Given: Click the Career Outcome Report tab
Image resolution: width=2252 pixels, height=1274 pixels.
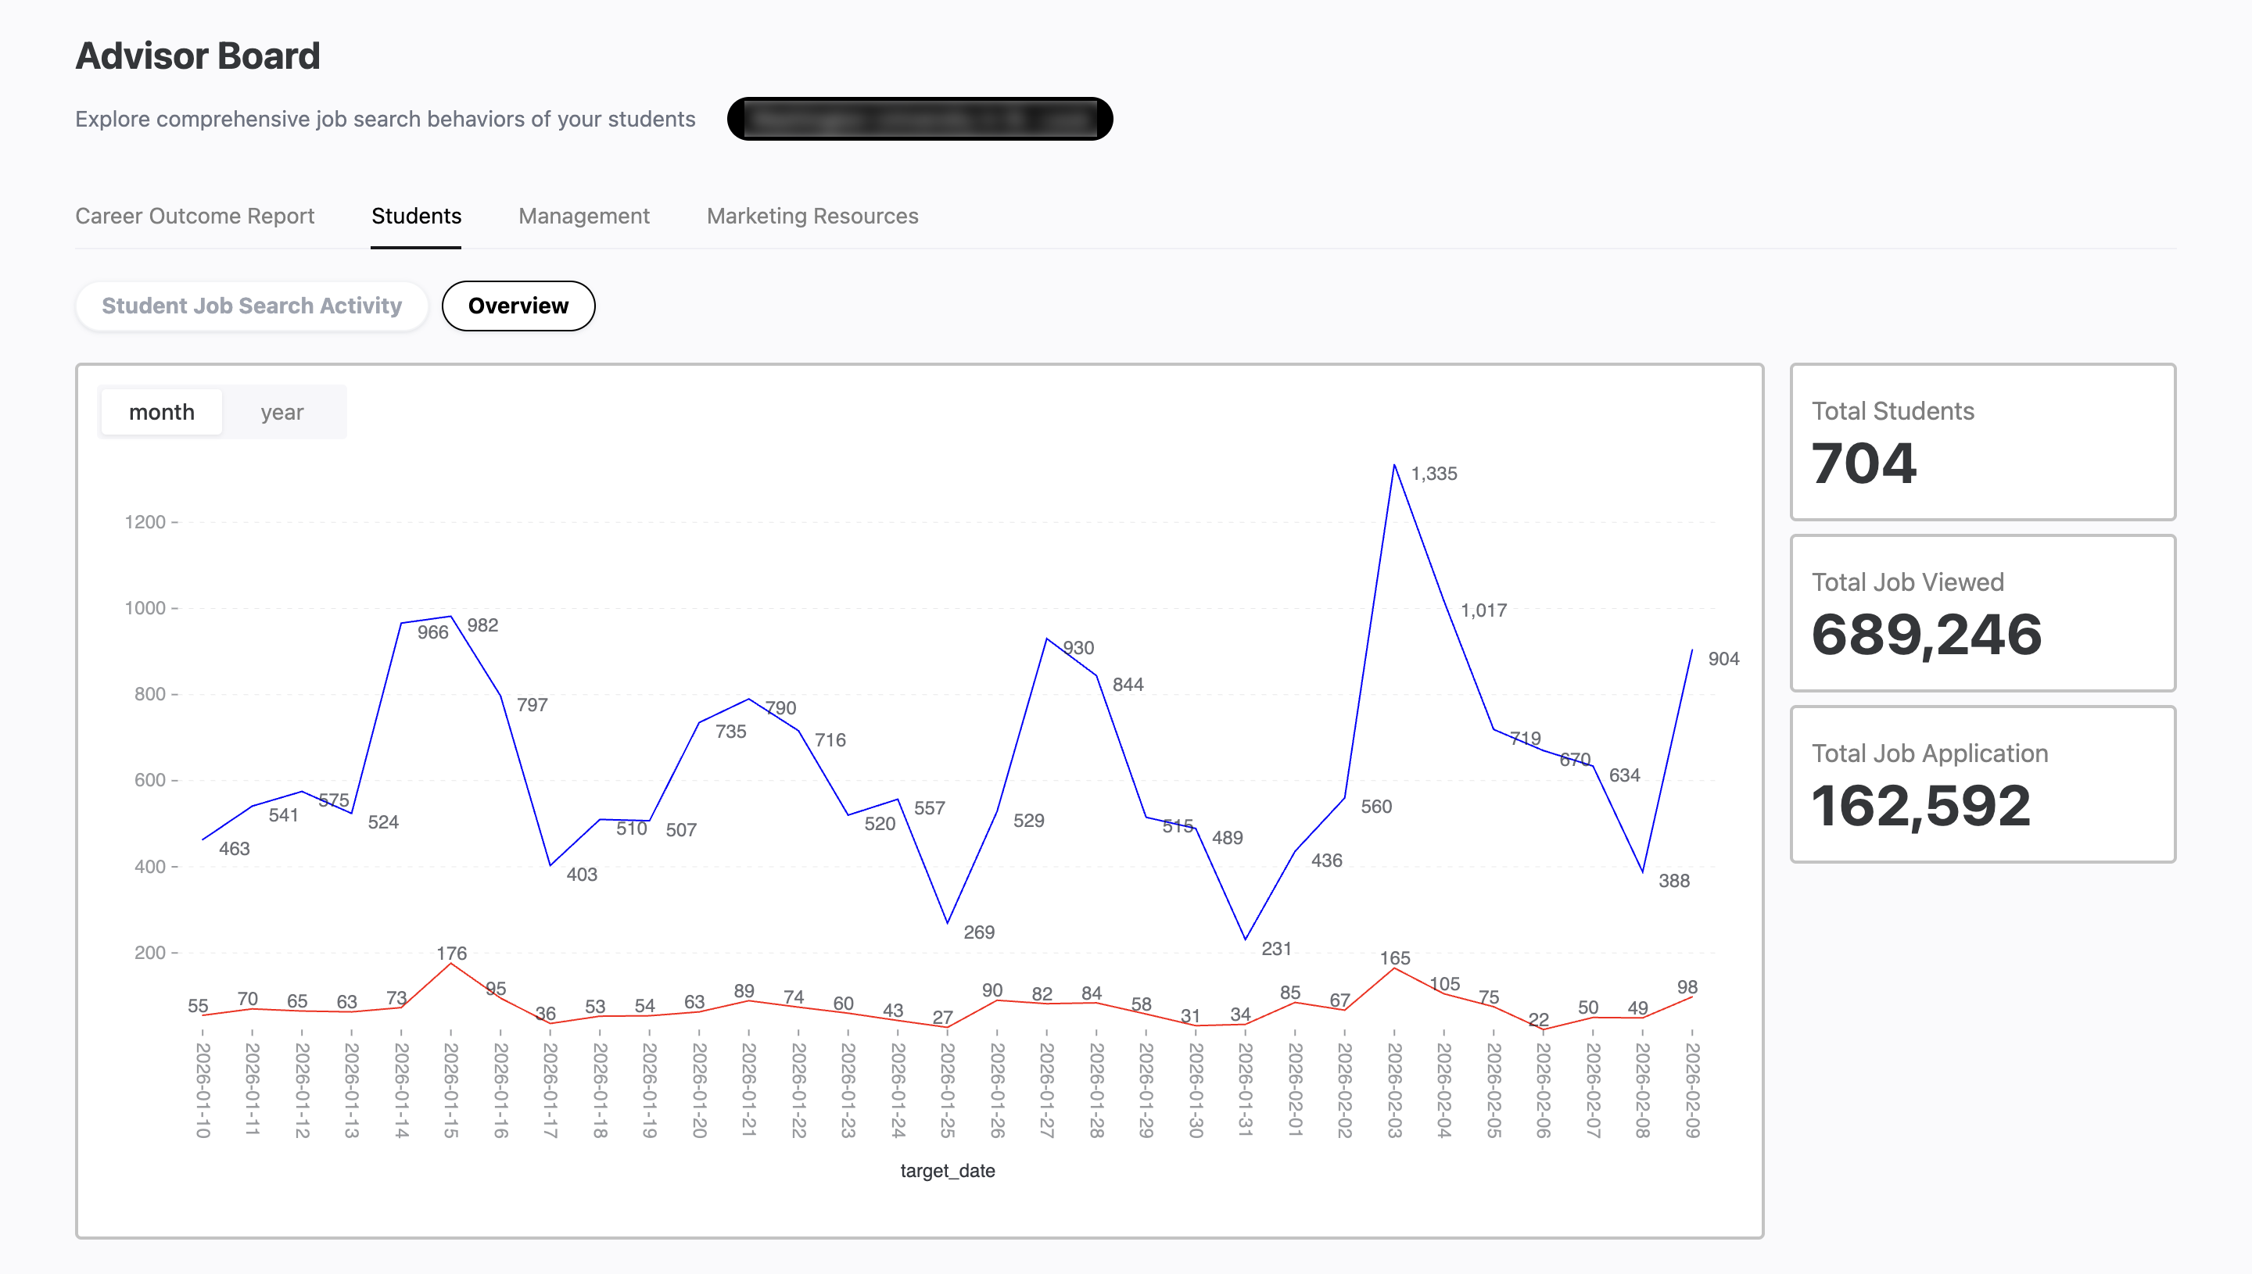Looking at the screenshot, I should (194, 217).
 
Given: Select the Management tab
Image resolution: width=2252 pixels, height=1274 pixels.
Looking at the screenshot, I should (584, 217).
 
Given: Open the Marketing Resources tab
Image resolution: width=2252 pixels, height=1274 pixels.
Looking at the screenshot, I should (812, 217).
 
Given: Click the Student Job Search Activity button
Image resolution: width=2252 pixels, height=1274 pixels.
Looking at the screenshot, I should (251, 306).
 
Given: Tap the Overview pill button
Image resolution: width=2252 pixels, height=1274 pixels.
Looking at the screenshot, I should (518, 306).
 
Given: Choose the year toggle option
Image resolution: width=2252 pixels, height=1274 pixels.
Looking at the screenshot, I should (281, 412).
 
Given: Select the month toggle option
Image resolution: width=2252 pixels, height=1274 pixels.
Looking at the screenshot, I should (162, 412).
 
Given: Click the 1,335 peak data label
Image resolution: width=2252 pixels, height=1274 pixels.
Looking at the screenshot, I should (1433, 474).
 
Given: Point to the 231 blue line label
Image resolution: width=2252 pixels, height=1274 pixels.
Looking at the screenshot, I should (1276, 949).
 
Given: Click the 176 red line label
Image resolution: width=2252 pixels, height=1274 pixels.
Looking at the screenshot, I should (452, 953).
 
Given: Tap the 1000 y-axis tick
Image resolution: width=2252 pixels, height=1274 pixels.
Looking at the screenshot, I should (145, 608).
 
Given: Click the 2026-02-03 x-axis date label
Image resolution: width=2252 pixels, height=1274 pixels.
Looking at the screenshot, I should (1394, 1090).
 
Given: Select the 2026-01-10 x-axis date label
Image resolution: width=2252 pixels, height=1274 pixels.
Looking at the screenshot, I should (203, 1090).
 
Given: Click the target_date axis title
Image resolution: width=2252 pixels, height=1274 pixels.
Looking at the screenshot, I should (947, 1171).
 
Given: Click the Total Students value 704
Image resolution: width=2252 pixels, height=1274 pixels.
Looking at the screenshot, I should (1863, 463).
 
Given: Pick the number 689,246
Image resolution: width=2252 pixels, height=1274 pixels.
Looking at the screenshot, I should (1925, 635).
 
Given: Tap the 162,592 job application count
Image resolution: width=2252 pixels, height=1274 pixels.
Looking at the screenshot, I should (1920, 806).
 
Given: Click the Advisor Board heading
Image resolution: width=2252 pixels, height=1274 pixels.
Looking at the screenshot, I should (198, 56).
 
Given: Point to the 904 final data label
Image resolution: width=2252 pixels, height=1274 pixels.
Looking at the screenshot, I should (1723, 659).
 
